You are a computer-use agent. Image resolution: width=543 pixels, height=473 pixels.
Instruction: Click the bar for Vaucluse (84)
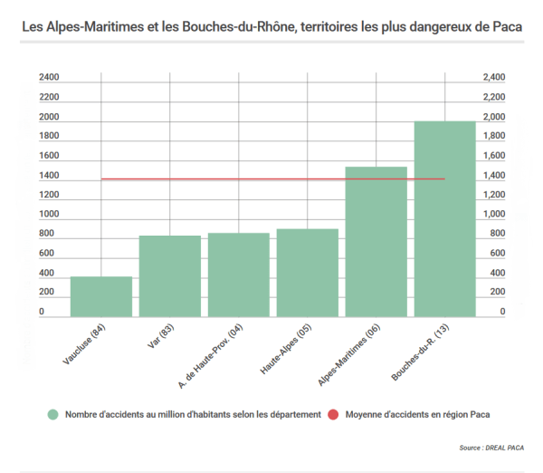tap(101, 296)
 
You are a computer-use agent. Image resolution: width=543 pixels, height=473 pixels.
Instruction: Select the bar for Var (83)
tap(170, 275)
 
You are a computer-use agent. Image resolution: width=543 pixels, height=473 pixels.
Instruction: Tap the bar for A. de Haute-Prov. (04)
tap(239, 275)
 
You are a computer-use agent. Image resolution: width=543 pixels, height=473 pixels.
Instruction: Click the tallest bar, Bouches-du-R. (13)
tap(445, 218)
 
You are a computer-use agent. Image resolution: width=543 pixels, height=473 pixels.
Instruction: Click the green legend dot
tap(54, 414)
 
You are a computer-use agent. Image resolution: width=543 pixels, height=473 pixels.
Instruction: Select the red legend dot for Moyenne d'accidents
tap(333, 414)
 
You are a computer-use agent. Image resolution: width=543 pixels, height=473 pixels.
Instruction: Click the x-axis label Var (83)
tap(159, 337)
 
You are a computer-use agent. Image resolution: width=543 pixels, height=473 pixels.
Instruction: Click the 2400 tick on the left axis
tap(49, 78)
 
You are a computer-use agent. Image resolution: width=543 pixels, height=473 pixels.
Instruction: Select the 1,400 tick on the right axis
tap(492, 176)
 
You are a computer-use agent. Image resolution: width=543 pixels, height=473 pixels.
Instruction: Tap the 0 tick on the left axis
tap(42, 312)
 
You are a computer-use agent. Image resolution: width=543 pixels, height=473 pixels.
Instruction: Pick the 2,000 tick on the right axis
tap(492, 118)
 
